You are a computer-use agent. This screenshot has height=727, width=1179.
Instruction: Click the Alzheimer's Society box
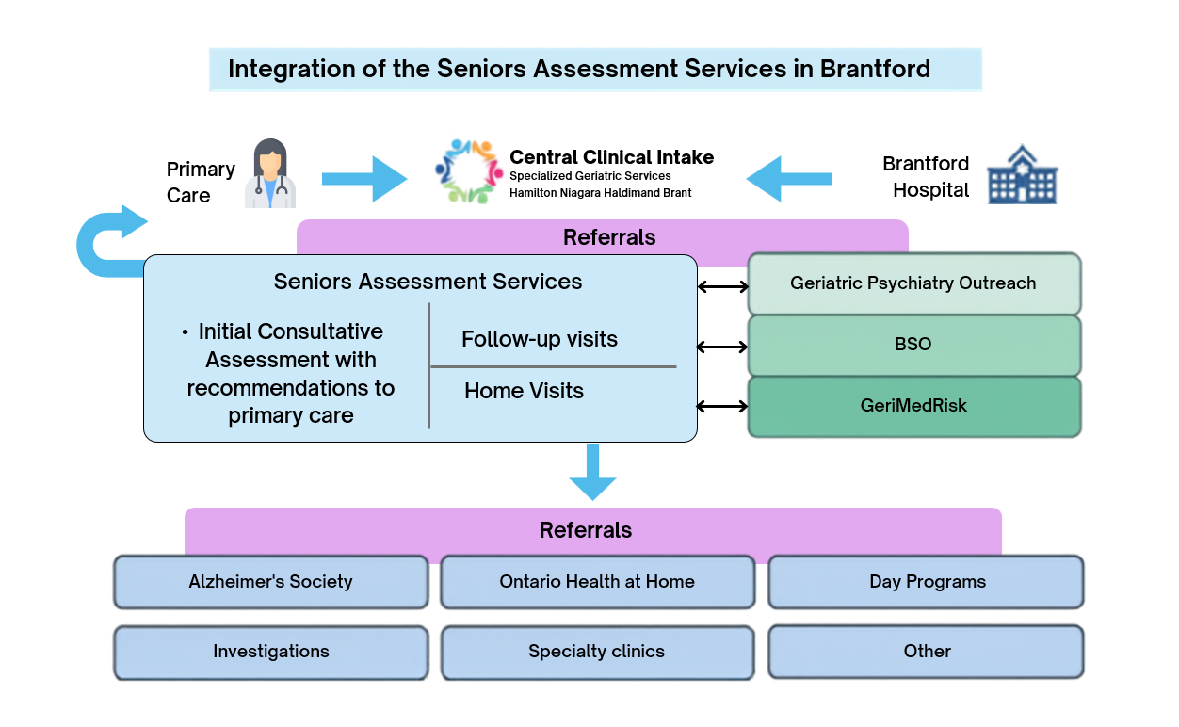[x=271, y=582]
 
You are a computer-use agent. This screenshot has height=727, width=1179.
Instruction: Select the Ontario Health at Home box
[x=597, y=582]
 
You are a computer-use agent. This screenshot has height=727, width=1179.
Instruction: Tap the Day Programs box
[x=926, y=582]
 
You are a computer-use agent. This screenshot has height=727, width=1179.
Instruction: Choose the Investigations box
[x=271, y=653]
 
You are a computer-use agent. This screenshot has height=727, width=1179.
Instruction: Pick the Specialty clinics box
[x=597, y=653]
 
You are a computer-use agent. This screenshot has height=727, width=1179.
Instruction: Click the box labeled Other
[x=926, y=652]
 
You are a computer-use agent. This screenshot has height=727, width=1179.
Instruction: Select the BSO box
[x=914, y=346]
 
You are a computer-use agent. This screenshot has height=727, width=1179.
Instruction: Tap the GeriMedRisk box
[x=914, y=407]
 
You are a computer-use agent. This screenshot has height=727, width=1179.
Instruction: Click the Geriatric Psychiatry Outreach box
[x=914, y=283]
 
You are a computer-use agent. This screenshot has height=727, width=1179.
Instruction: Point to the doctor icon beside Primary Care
[x=270, y=173]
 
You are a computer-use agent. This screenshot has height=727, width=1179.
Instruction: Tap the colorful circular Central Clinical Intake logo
[x=468, y=171]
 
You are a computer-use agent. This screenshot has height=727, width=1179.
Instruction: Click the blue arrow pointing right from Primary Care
[x=364, y=179]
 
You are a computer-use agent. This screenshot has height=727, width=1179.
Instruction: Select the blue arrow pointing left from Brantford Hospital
[x=788, y=179]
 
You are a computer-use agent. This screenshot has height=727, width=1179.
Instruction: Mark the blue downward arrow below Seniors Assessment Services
[x=592, y=472]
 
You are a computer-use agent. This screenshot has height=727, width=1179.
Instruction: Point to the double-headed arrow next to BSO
[x=722, y=347]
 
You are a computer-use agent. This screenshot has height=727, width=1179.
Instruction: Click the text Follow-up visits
[x=540, y=340]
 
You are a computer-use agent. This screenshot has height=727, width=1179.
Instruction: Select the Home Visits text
[x=524, y=391]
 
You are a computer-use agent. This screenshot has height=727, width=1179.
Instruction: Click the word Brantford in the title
[x=875, y=69]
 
